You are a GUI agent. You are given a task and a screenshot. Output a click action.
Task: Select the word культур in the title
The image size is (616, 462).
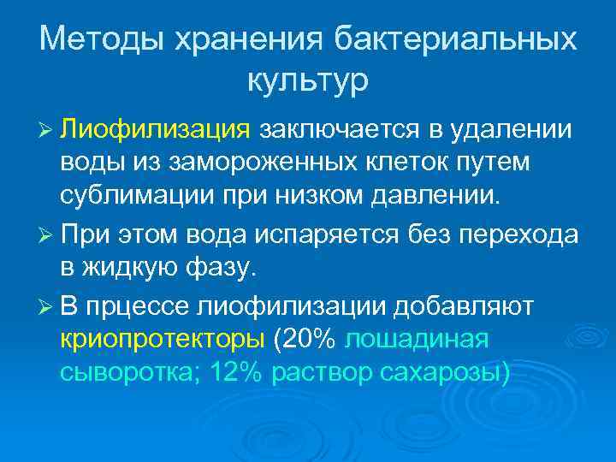(308, 81)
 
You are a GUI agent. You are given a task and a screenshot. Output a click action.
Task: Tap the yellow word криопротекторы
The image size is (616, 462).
(162, 340)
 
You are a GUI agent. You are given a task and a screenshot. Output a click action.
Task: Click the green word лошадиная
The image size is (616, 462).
(417, 340)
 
